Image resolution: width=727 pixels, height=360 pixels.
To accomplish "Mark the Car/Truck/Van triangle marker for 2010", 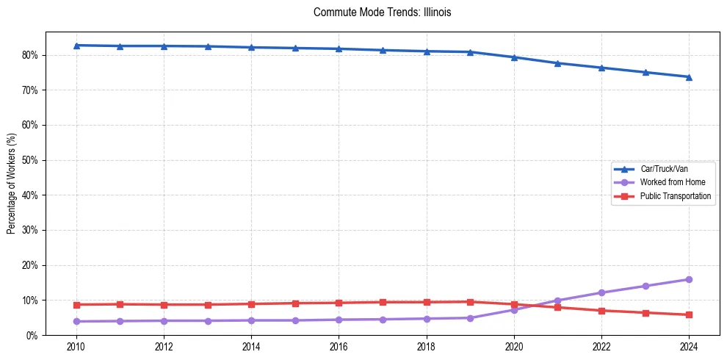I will click(76, 46).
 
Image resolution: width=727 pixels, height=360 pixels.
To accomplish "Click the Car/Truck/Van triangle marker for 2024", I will click(689, 76).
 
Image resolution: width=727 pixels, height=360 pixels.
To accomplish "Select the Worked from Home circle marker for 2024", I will click(689, 279).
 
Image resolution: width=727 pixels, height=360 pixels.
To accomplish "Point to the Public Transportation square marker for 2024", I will click(689, 314).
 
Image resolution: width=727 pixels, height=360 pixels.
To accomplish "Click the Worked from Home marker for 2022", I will click(601, 292).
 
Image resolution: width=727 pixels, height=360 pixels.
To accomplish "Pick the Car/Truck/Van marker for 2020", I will click(514, 57).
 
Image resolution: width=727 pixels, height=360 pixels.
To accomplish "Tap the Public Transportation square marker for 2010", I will click(76, 304).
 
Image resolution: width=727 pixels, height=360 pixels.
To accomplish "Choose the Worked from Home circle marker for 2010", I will click(76, 321).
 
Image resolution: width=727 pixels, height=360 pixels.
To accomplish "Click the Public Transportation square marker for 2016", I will click(339, 303).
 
